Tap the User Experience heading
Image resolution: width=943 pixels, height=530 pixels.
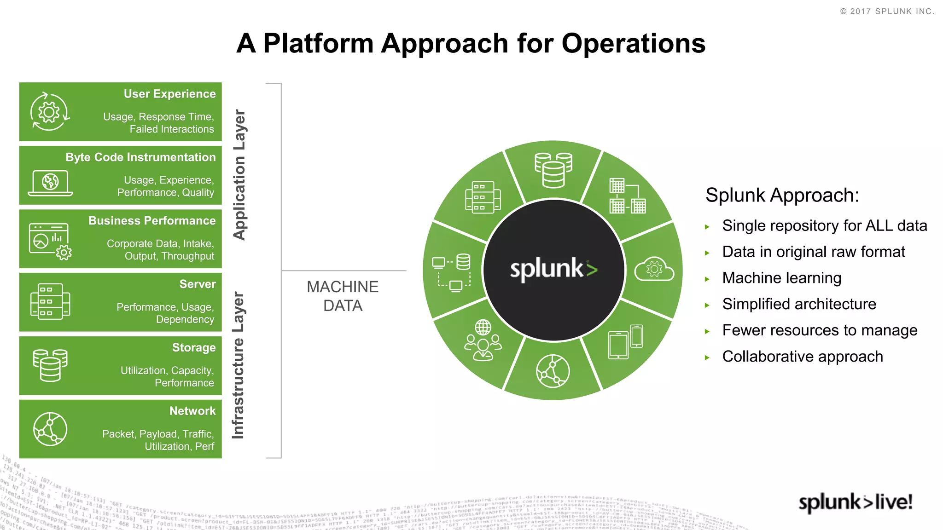point(169,94)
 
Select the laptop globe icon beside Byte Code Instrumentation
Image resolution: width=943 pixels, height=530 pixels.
point(50,183)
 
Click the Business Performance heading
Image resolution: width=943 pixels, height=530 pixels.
point(152,221)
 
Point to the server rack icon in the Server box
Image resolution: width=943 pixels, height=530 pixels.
point(50,301)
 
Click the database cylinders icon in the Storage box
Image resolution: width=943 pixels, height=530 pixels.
point(50,365)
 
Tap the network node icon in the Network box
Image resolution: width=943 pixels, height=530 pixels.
point(50,429)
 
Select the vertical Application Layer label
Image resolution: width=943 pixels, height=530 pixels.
point(239,175)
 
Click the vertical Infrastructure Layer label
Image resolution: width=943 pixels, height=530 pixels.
point(238,365)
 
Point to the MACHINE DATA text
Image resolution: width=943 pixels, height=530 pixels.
point(343,296)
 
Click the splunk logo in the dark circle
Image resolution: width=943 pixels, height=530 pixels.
point(553,270)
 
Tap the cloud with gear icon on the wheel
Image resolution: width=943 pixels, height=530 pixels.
point(654,270)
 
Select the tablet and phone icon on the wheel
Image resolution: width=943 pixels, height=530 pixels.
point(625,342)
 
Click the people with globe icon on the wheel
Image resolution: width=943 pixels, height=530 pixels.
point(483,341)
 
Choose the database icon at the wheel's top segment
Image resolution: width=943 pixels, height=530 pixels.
point(553,170)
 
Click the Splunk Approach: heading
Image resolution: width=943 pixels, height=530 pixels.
point(782,195)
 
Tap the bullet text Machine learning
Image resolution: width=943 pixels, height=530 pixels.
point(781,278)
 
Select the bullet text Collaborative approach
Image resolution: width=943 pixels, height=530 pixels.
point(802,357)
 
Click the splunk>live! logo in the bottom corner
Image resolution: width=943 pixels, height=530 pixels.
point(855,502)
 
